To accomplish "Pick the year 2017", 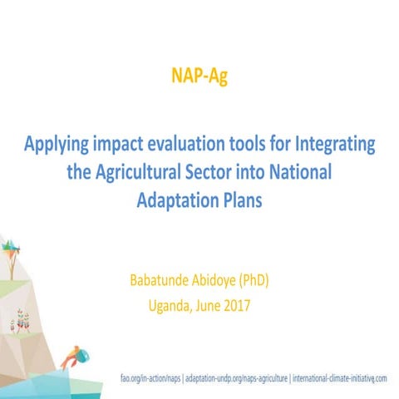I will click(x=236, y=304).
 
